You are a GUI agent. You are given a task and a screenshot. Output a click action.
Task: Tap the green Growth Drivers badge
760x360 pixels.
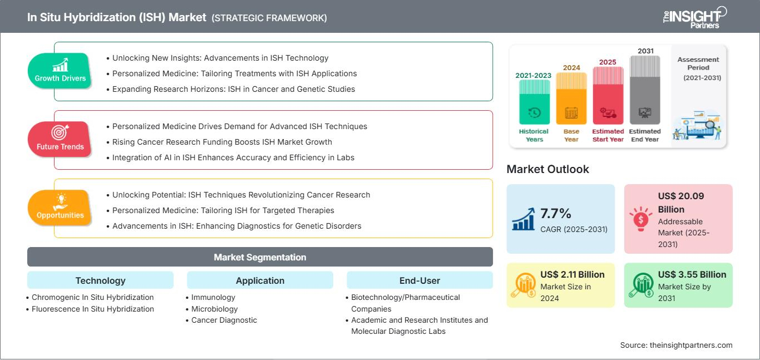tap(60, 71)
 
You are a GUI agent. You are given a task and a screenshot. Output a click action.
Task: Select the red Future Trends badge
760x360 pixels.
tap(60, 139)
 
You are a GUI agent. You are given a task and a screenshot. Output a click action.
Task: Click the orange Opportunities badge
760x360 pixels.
tap(60, 208)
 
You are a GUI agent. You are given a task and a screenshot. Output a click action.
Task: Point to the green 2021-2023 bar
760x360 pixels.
tap(534, 102)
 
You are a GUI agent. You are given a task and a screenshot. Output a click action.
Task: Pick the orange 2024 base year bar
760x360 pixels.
tap(571, 98)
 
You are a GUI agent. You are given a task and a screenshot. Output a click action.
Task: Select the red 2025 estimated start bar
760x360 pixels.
tap(608, 95)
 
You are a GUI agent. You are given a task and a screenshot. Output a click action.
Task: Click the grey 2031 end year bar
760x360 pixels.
tap(645, 90)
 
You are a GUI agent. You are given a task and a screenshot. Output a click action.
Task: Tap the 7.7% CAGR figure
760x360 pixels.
tap(555, 214)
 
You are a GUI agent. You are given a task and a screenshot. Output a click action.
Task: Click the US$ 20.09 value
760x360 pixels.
tap(681, 196)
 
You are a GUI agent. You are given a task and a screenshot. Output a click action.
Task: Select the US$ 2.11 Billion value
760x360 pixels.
tap(573, 274)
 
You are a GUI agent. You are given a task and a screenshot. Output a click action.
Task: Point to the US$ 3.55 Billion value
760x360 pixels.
tap(692, 274)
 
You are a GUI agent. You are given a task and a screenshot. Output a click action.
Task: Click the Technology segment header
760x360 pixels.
tap(101, 280)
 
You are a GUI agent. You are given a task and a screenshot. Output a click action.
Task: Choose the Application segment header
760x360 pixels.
tap(260, 280)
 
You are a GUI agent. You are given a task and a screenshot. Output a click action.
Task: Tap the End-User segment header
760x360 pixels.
tap(420, 280)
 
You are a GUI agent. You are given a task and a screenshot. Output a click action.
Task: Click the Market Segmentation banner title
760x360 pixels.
tap(260, 257)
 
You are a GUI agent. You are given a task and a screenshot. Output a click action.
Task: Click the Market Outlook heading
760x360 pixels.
tap(547, 169)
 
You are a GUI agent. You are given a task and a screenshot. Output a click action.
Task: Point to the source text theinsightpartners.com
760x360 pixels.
tap(691, 345)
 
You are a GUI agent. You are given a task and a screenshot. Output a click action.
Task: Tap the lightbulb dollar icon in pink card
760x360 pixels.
tap(640, 219)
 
